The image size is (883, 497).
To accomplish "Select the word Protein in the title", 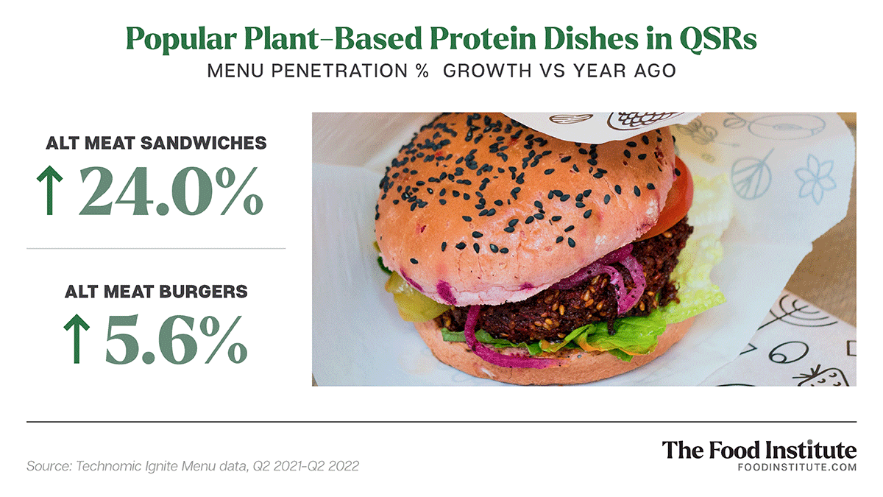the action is (x=483, y=38).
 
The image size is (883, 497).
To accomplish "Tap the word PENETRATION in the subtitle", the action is (x=339, y=71).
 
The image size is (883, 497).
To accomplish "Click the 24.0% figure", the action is (x=171, y=191).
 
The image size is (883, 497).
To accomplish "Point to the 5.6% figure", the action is (x=176, y=339).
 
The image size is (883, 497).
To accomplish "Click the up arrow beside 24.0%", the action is (x=50, y=190).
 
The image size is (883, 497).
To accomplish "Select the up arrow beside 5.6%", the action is (x=77, y=339).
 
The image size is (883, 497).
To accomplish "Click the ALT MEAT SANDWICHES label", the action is (x=156, y=143).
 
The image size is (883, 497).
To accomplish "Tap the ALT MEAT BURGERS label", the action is (x=156, y=292).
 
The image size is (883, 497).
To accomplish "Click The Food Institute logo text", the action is (x=759, y=450).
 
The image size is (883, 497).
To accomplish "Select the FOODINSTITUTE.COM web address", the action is (x=797, y=468).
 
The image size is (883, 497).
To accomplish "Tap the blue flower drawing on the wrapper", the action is (x=815, y=177).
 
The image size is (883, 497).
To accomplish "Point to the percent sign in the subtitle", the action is (x=422, y=71).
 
